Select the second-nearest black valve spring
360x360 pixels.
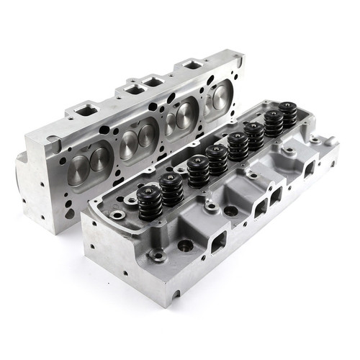click(x=171, y=189)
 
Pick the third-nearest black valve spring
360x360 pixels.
click(x=198, y=173)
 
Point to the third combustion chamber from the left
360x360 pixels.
click(x=179, y=114)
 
